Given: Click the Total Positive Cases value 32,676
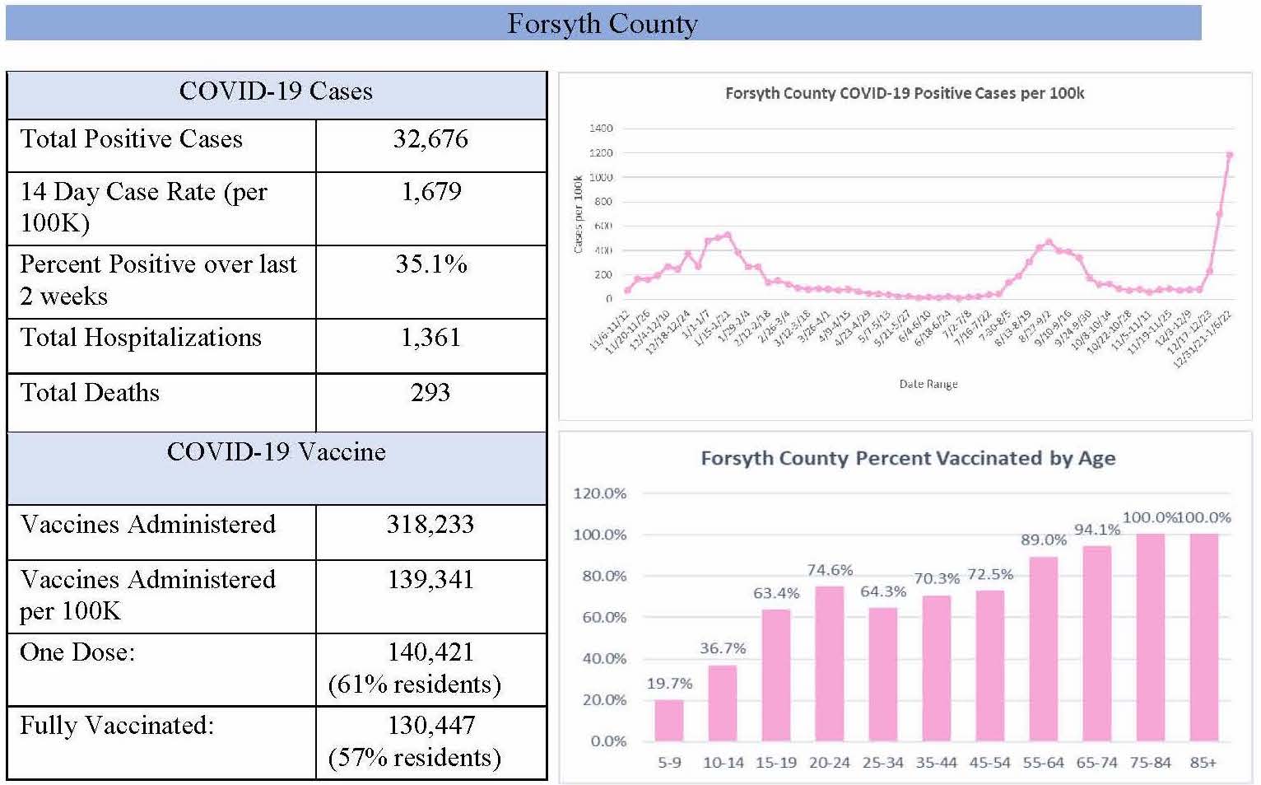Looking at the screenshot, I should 430,139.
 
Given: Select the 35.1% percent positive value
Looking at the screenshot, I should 431,264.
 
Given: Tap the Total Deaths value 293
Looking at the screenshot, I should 430,393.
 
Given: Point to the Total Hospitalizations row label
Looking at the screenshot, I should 141,338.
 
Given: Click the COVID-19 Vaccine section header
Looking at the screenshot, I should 276,452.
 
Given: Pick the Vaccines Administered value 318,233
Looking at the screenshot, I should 430,525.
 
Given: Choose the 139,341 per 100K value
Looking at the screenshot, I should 430,580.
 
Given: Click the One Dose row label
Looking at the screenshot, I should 77,652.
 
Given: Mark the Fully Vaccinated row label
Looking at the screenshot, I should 117,726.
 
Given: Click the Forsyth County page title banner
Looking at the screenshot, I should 603,24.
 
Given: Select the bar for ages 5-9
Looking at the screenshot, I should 668,720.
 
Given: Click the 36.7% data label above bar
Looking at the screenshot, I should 723,649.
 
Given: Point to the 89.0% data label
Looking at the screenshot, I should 1044,540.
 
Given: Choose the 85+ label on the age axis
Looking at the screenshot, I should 1203,763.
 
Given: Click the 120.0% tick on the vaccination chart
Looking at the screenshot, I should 600,494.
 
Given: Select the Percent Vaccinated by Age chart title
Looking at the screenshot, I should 908,459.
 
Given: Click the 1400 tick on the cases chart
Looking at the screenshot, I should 601,128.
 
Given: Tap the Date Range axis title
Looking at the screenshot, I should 928,384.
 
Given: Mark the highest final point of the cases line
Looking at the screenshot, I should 1230,155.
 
